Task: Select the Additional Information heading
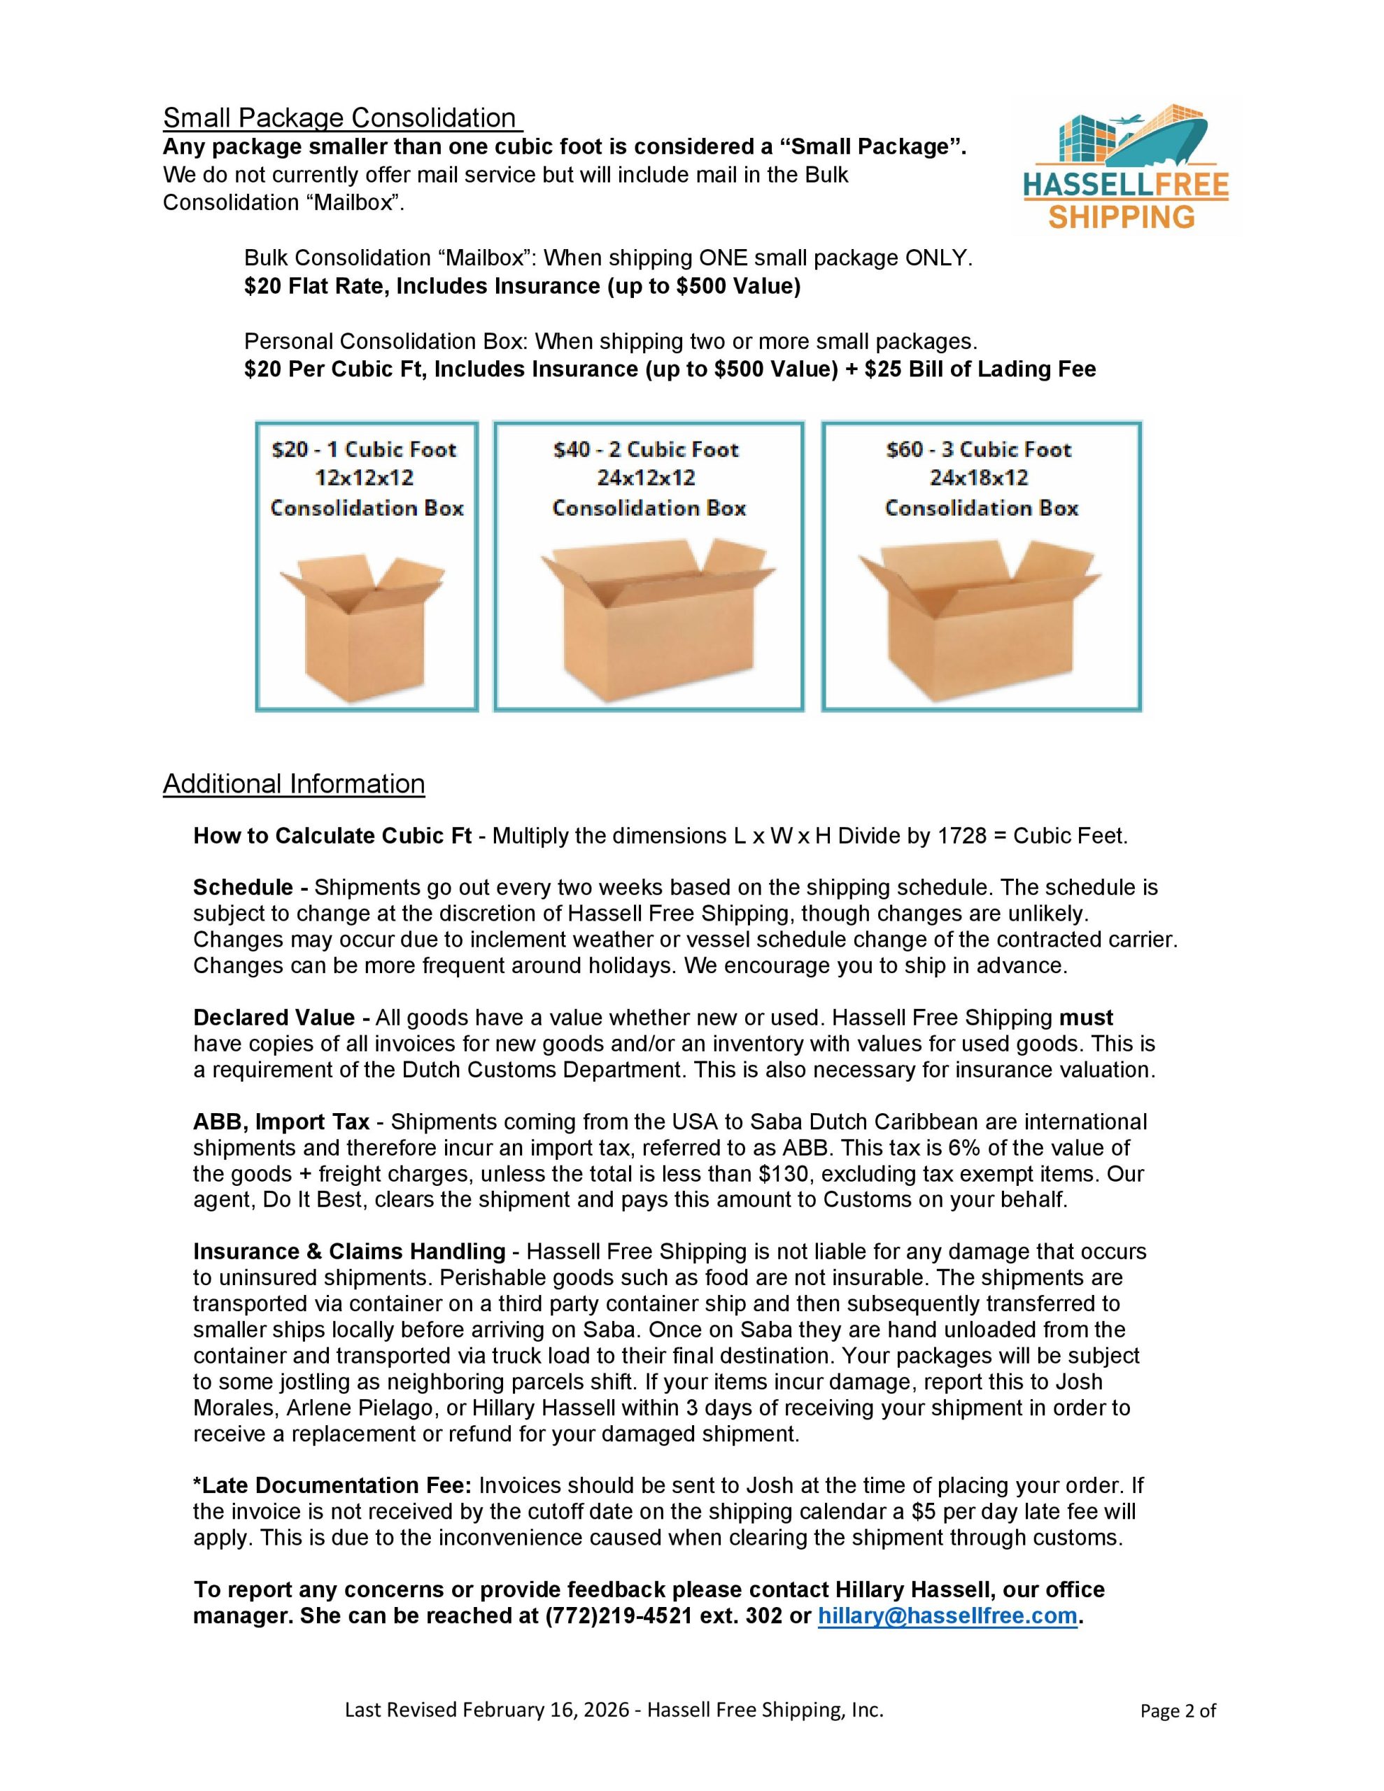[x=294, y=784]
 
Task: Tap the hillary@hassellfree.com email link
[x=947, y=1615]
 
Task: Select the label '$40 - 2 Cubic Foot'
[x=647, y=449]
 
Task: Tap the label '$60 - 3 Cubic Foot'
[x=979, y=449]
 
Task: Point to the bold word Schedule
[x=243, y=887]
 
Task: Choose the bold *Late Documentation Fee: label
[x=332, y=1486]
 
